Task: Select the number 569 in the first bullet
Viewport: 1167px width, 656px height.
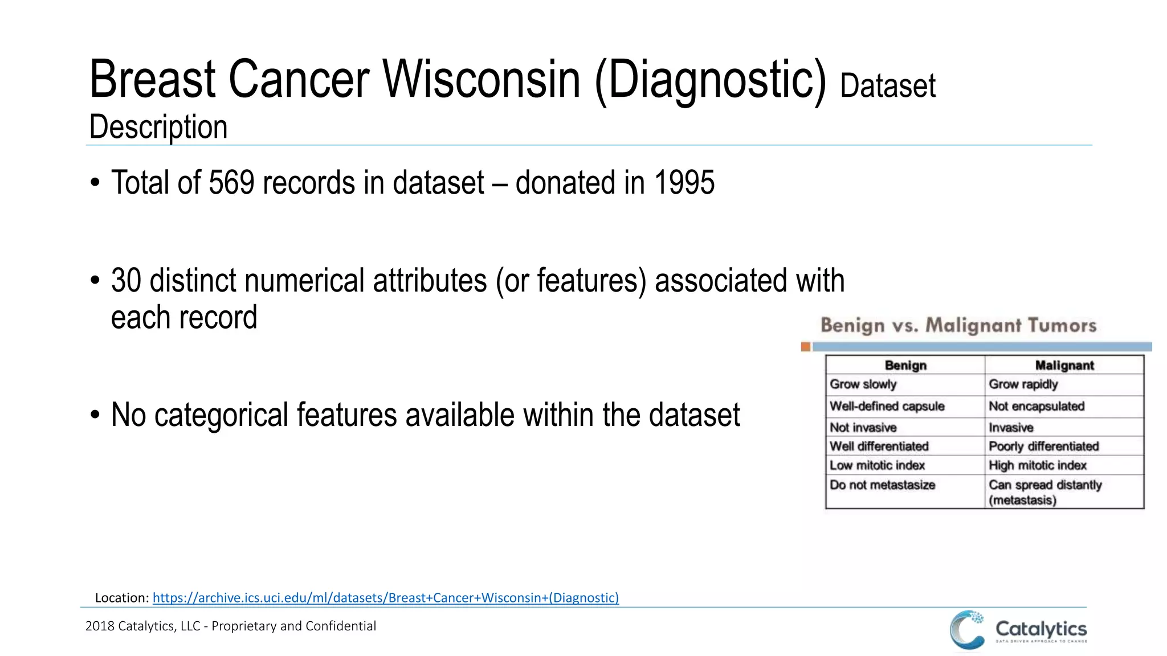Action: point(231,183)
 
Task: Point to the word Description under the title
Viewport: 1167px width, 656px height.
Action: point(158,126)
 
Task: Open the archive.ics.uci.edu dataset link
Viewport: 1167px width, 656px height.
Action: point(385,597)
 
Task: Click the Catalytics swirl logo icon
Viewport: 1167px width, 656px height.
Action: point(967,629)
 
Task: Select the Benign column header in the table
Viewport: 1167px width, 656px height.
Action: point(905,366)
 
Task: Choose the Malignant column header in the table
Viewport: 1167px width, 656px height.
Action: point(1064,366)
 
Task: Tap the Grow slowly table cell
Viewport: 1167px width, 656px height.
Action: point(863,384)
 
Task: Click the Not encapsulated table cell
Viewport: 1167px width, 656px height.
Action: point(1036,406)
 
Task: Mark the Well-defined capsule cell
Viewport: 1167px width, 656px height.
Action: point(887,406)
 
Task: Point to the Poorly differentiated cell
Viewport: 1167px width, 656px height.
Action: point(1043,446)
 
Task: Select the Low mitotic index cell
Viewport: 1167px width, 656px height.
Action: point(877,465)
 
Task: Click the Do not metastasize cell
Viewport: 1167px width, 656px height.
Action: point(882,485)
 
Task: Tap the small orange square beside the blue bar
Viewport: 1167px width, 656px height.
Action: point(805,347)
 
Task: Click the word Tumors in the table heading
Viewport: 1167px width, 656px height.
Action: point(1062,326)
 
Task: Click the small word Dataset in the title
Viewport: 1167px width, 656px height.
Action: point(887,86)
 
